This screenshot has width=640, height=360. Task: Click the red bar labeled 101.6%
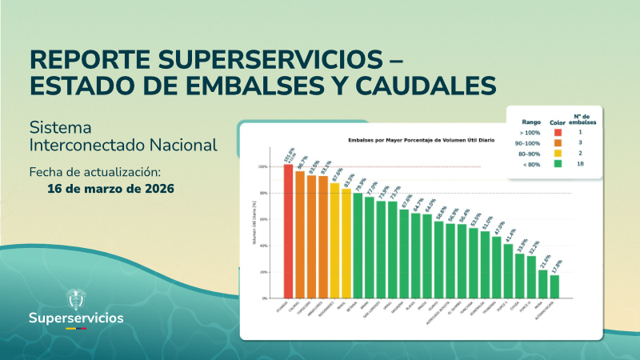click(289, 231)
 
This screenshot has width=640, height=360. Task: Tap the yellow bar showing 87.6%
click(334, 240)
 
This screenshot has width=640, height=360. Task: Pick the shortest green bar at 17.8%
click(554, 286)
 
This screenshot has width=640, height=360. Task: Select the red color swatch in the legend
click(558, 133)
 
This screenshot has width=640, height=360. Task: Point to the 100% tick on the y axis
click(263, 166)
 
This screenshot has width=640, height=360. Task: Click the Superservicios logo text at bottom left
click(76, 318)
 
